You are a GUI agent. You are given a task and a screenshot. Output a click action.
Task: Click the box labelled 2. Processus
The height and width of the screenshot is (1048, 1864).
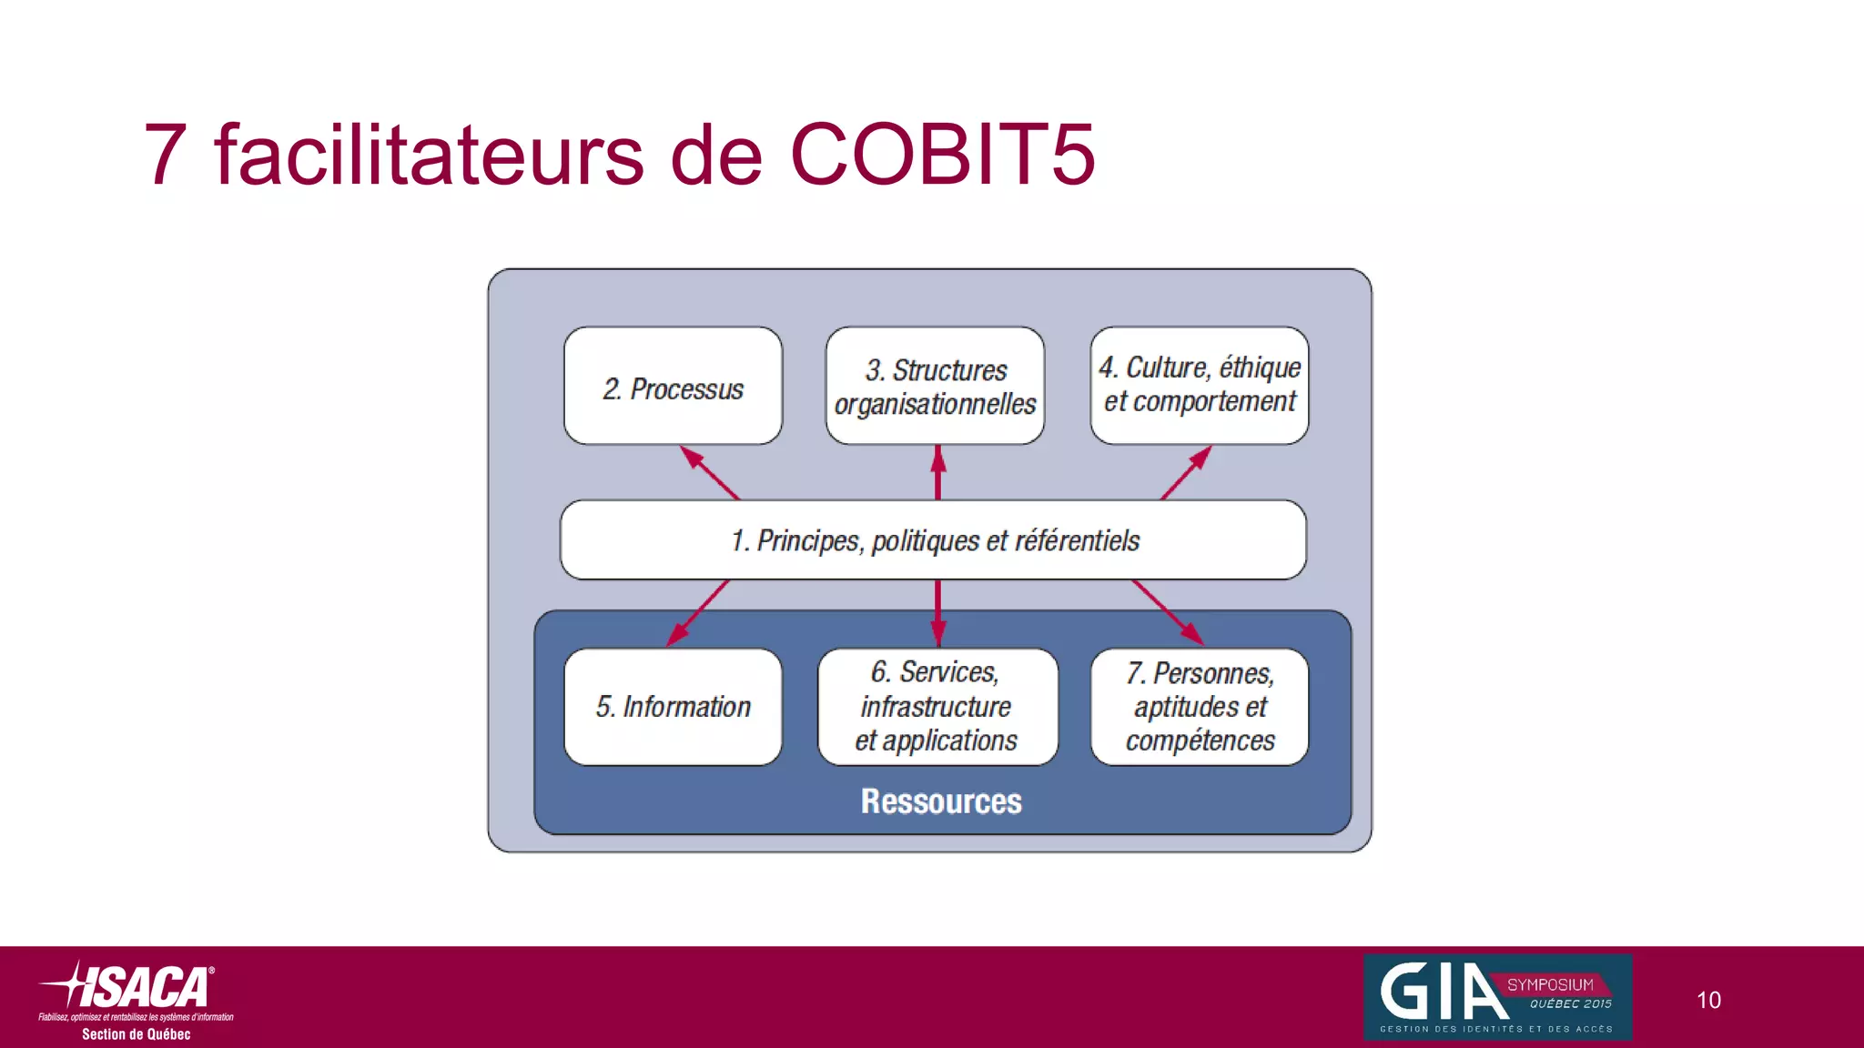click(x=673, y=387)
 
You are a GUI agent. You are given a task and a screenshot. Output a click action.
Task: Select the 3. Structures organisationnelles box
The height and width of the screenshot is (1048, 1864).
click(x=935, y=387)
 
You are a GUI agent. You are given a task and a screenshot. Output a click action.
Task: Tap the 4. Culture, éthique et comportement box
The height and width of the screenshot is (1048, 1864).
click(x=1199, y=385)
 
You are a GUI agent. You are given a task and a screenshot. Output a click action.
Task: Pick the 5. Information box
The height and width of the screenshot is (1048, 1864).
click(x=673, y=707)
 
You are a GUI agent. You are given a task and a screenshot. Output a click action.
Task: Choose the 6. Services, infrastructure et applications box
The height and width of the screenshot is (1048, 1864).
click(x=937, y=707)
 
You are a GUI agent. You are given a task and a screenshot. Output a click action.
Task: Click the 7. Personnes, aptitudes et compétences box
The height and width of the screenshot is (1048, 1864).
click(x=1199, y=707)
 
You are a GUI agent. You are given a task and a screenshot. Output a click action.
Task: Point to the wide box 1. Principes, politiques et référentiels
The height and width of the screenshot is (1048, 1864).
click(x=933, y=540)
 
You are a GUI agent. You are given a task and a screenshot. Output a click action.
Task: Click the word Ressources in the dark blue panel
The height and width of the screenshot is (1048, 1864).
click(x=941, y=801)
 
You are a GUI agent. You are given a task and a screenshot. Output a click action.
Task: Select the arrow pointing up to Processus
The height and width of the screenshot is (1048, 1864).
click(x=711, y=473)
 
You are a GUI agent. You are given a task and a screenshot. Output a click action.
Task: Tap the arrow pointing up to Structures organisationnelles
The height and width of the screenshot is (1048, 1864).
click(x=938, y=472)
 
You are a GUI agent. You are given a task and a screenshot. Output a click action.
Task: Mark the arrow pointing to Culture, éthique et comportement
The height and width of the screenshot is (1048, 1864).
click(x=1186, y=473)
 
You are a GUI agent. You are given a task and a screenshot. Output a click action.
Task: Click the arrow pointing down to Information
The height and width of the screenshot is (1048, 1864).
click(x=698, y=613)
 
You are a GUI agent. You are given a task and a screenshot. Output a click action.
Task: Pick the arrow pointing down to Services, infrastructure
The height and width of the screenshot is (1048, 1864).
click(x=938, y=613)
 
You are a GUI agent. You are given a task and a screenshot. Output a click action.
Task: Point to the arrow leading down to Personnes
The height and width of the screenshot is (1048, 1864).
click(x=1168, y=613)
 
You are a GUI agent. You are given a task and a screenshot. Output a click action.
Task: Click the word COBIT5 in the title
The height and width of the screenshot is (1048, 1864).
click(x=942, y=155)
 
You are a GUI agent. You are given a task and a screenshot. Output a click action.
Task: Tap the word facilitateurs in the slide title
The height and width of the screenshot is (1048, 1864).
click(x=429, y=155)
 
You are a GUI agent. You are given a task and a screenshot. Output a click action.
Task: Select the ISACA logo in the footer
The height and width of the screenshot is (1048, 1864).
click(x=137, y=988)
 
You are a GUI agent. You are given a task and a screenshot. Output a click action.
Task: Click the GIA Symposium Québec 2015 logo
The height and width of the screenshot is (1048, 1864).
click(x=1497, y=997)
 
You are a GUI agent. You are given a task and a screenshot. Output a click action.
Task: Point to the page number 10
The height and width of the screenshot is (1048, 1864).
click(x=1708, y=1001)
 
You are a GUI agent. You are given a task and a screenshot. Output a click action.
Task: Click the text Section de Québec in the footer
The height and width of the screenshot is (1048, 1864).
click(x=137, y=1034)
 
